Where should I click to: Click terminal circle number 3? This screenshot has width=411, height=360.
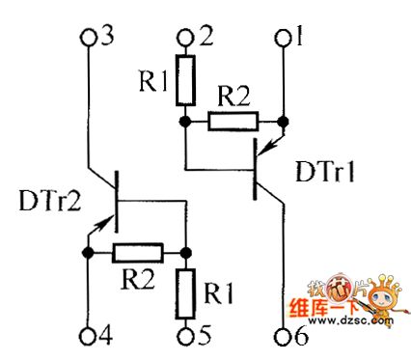(x=90, y=38)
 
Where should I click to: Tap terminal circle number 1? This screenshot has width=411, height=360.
(x=282, y=38)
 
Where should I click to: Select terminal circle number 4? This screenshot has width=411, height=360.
(x=90, y=337)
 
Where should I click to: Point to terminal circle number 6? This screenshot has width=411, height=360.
(x=283, y=337)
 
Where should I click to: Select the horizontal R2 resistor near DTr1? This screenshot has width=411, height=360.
(x=233, y=122)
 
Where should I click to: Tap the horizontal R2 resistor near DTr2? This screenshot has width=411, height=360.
(x=136, y=253)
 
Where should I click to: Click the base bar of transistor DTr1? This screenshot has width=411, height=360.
(x=257, y=168)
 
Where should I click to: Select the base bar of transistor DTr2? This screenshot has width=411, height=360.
(x=116, y=202)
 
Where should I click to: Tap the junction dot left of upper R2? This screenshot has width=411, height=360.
(x=184, y=122)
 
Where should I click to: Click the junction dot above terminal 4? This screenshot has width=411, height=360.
(x=90, y=253)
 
